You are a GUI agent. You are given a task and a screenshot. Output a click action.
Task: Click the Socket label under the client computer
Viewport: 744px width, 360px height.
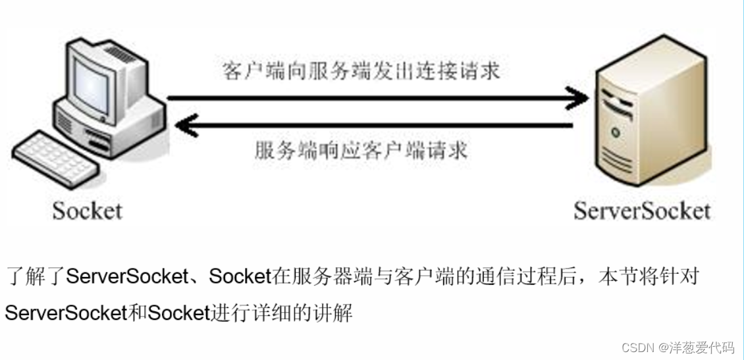(88, 211)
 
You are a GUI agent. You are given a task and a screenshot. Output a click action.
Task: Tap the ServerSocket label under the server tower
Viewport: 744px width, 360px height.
(642, 211)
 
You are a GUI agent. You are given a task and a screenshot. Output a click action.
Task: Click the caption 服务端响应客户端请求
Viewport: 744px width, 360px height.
(361, 151)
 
